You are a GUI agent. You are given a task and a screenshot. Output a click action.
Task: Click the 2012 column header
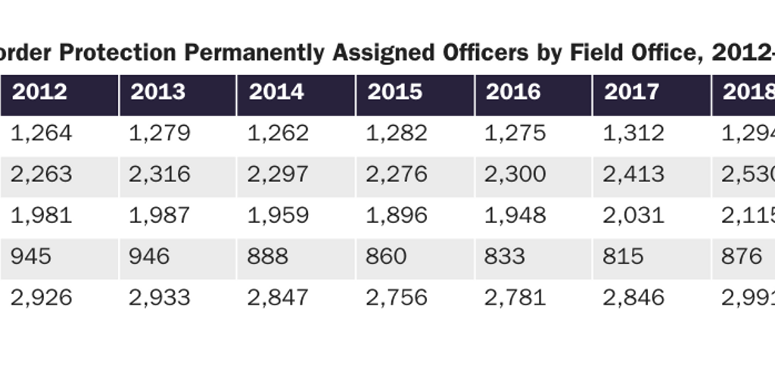39,92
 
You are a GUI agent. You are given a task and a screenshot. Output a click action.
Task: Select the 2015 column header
395,92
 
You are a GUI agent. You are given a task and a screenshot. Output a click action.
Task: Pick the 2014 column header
276,92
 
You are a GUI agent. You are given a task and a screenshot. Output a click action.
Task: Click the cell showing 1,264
41,133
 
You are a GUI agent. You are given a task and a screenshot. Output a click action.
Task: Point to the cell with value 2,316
159,174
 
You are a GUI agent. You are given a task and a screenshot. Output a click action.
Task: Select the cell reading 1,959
278,215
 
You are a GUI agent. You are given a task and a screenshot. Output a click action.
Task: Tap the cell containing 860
386,256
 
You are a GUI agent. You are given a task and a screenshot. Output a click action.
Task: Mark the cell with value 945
31,256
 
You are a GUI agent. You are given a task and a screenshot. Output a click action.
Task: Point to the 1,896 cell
396,215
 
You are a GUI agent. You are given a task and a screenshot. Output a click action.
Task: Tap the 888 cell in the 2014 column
267,256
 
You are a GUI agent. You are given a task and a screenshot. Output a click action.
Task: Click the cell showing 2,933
159,297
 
